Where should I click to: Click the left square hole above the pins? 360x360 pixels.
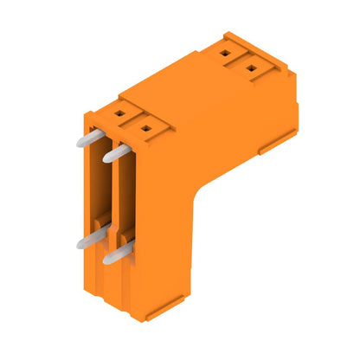click(119, 113)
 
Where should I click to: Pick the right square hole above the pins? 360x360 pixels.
click(145, 129)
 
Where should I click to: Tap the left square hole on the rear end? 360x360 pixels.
click(228, 52)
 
